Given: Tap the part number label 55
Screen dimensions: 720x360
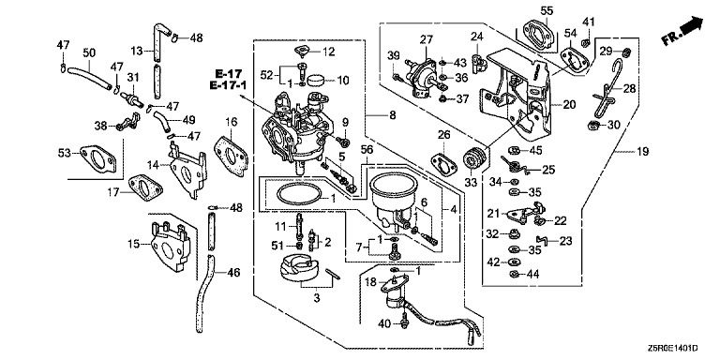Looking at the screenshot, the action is coord(547,10).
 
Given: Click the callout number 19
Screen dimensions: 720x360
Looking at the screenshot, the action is coord(643,152).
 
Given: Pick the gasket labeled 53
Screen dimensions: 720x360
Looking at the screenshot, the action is coord(97,158).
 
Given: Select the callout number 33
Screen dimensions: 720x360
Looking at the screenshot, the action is coord(472,183).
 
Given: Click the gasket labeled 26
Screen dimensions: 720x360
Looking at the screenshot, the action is coord(444,164).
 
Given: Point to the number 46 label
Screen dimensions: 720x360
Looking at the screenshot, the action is coord(233,273).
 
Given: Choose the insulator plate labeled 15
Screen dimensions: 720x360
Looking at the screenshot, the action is coord(169,247).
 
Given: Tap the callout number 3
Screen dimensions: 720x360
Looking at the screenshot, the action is coord(316,298).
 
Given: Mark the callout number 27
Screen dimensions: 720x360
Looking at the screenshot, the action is coord(427,39).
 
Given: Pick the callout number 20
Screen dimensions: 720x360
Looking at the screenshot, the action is coord(569,105).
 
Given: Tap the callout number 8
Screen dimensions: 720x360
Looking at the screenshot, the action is coord(392,116).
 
